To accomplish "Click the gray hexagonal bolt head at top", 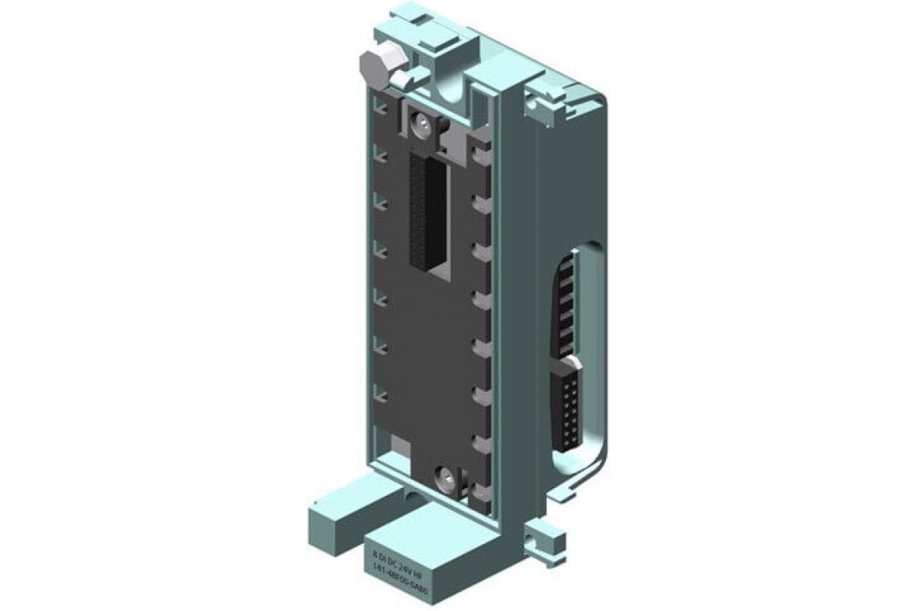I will click(x=374, y=68).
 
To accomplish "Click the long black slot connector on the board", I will click(x=428, y=210).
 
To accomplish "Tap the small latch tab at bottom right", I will click(x=541, y=534).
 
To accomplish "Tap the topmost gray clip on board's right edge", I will click(x=479, y=155).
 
